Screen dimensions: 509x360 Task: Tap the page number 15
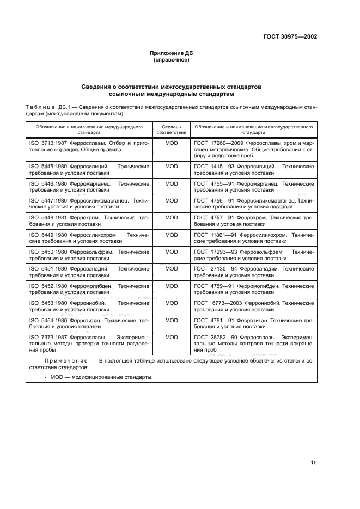(314, 463)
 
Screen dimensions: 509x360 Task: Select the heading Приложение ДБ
(172, 53)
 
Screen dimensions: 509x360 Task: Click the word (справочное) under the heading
(172, 60)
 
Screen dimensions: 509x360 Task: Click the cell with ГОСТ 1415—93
(253, 169)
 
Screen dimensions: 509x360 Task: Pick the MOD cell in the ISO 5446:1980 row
(172, 183)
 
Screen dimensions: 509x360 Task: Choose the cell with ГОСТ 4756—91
(253, 204)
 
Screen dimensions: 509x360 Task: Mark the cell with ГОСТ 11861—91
(253, 237)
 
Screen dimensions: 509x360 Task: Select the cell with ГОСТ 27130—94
(253, 272)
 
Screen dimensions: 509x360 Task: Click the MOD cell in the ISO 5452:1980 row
(172, 286)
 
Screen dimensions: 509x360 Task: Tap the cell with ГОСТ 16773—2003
(253, 306)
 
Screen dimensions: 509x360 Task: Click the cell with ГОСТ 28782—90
(253, 344)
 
